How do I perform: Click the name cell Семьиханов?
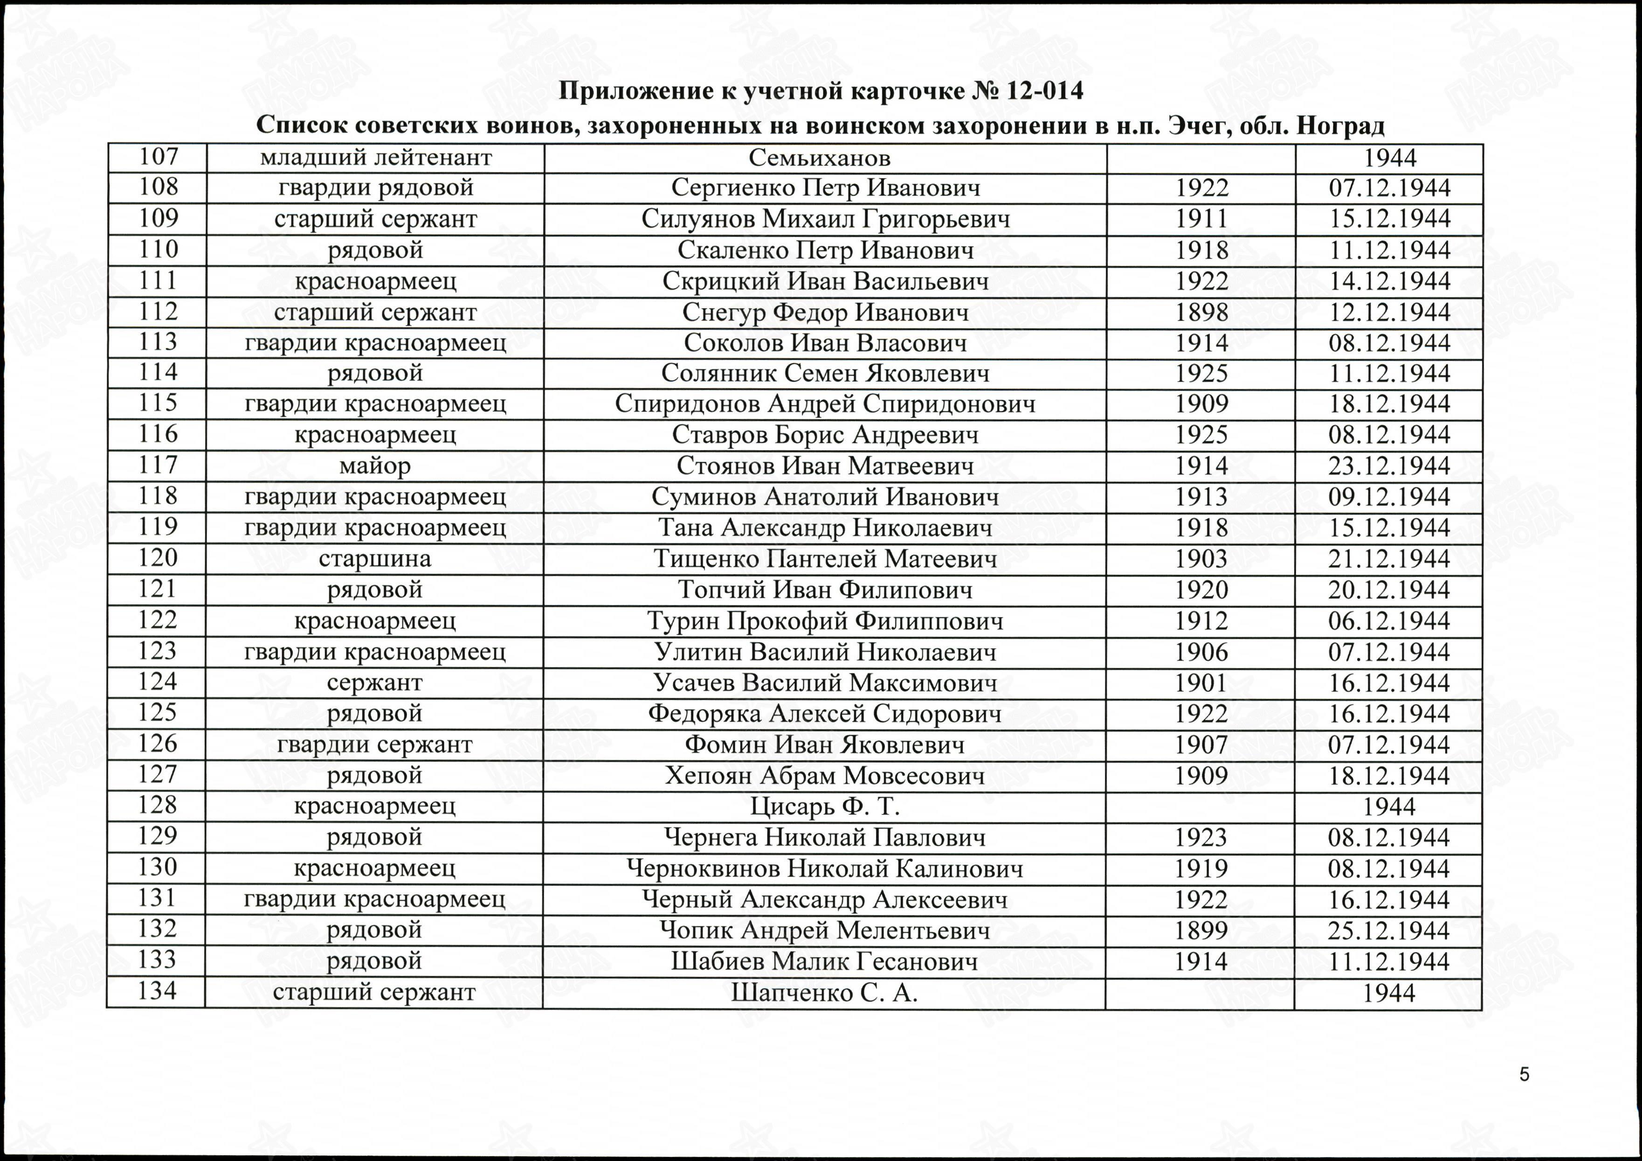click(x=820, y=157)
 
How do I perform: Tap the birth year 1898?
click(x=1201, y=312)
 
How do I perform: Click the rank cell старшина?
click(x=375, y=559)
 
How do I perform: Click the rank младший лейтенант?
click(x=375, y=157)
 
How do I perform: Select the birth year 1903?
click(x=1201, y=559)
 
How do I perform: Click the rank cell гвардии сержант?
click(x=375, y=744)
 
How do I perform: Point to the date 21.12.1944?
click(x=1389, y=559)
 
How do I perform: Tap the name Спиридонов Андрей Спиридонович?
click(x=825, y=404)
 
